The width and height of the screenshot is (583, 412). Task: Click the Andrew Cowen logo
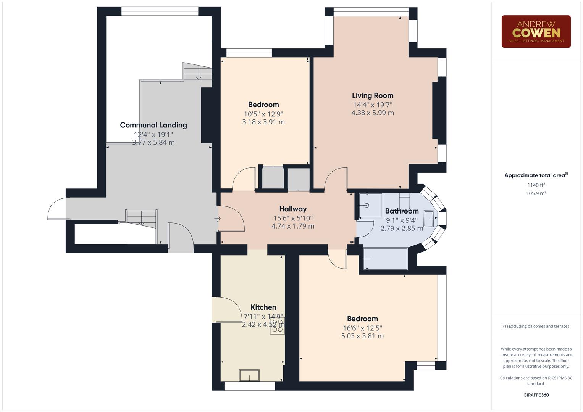click(536, 31)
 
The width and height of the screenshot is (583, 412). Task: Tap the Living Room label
click(372, 96)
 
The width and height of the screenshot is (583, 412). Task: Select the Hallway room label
click(293, 209)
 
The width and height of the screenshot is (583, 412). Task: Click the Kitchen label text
click(263, 307)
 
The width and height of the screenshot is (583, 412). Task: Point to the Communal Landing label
click(153, 125)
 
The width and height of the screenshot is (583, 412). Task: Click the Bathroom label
click(402, 211)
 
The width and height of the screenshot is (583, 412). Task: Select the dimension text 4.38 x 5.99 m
click(372, 113)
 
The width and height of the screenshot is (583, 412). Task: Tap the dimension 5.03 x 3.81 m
click(362, 336)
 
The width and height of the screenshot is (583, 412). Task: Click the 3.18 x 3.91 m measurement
click(263, 122)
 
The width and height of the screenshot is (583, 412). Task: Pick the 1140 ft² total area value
click(536, 185)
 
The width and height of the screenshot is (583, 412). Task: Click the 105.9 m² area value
click(536, 193)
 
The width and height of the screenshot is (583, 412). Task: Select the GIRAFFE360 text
click(536, 395)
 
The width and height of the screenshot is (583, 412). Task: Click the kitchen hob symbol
click(277, 327)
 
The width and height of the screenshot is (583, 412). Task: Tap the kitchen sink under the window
click(249, 375)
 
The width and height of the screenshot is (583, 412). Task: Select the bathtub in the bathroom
click(385, 259)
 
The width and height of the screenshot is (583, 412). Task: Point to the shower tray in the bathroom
click(370, 206)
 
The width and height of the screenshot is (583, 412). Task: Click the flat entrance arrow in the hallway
click(218, 219)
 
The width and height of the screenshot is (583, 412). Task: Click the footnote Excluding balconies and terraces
click(536, 326)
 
